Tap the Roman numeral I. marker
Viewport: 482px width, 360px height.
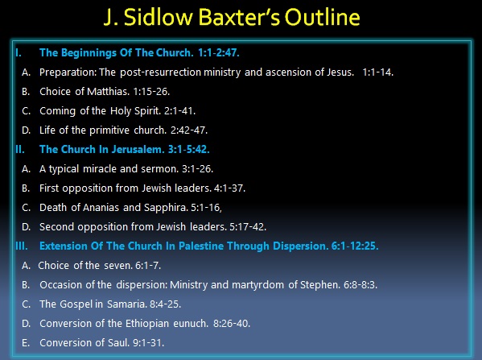point(19,53)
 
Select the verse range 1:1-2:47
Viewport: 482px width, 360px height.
point(219,53)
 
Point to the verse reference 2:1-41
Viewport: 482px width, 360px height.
point(179,111)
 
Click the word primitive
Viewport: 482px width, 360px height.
point(109,130)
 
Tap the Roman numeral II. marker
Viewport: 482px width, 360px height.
point(20,150)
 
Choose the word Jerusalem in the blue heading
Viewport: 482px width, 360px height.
point(138,150)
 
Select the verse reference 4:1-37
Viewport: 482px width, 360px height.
point(229,188)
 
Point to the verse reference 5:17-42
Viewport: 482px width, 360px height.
point(248,227)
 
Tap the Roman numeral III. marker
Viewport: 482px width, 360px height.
point(22,246)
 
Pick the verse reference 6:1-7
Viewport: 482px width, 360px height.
point(148,266)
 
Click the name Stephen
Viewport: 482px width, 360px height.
point(320,285)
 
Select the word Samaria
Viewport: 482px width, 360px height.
point(126,304)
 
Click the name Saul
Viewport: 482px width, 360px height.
point(118,343)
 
